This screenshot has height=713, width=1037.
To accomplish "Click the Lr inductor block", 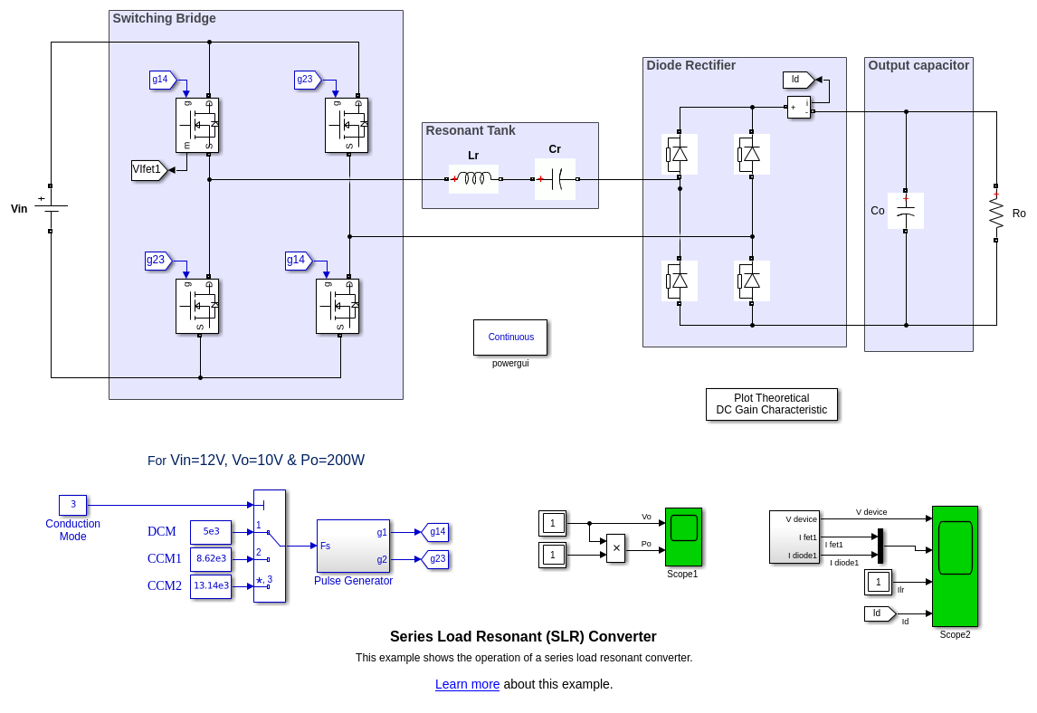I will point(473,179).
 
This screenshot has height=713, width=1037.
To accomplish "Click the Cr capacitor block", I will point(555,179).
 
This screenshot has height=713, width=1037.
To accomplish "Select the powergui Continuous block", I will point(510,337).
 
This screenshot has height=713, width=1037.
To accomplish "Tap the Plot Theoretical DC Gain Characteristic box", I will point(771,404).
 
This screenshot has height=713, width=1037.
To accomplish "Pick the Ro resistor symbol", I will point(995,213).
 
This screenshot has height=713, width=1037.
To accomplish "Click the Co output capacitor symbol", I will point(905,211).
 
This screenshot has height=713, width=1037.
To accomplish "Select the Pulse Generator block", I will point(353,546).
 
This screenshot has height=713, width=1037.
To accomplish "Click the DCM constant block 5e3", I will point(211,532).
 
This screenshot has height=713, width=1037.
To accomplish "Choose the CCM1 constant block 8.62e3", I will point(211,559).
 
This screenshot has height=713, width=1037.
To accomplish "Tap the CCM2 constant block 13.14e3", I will point(211,586).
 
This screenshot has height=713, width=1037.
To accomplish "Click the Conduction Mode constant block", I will point(73,505).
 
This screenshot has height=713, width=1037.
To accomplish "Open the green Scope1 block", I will point(683,537).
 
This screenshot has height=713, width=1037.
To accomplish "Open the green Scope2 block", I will point(955,566).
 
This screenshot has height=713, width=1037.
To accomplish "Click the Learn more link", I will point(467,684).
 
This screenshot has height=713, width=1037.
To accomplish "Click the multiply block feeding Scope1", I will point(615,548).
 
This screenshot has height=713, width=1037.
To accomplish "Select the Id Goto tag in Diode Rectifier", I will point(797,80).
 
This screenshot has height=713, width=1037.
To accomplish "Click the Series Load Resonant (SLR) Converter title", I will point(523,636).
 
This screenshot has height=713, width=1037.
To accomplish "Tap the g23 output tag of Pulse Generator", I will point(435,559).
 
